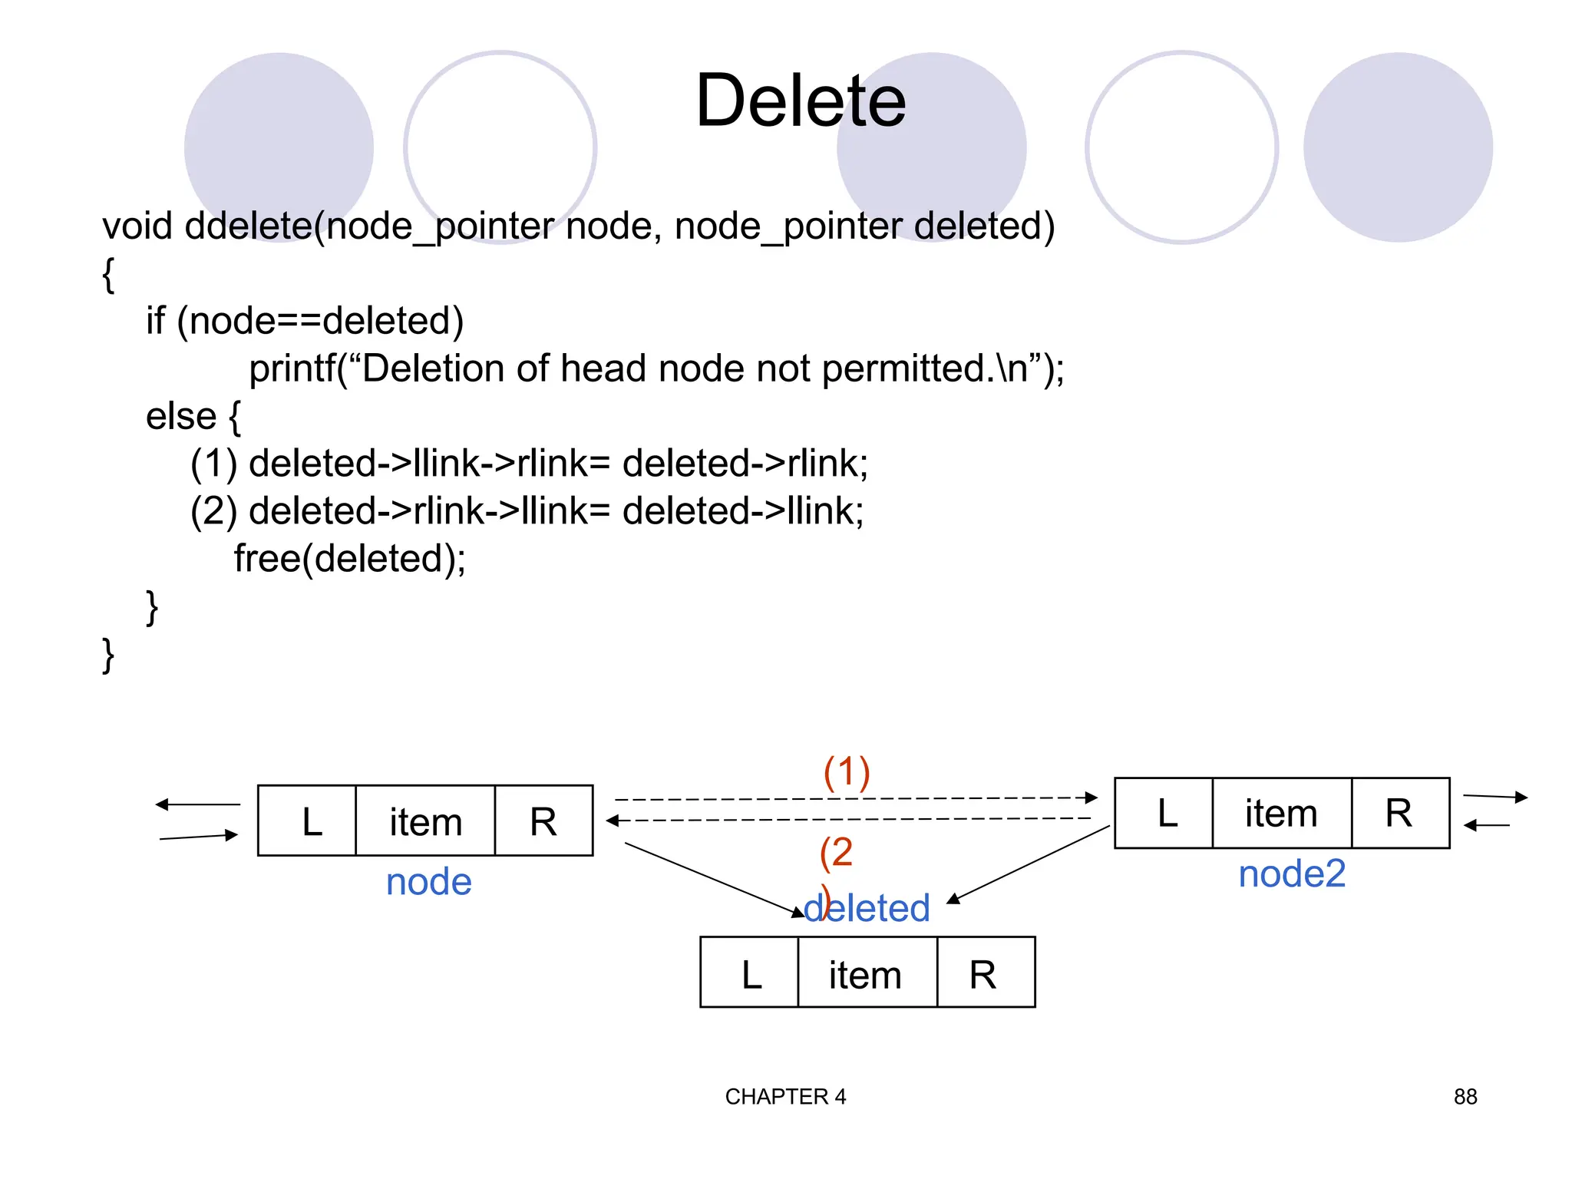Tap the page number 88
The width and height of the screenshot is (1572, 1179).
(1465, 1097)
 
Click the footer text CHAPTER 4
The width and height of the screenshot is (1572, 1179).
(784, 1097)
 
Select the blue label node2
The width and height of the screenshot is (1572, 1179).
(1292, 874)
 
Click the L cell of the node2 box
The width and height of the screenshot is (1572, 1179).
(1164, 814)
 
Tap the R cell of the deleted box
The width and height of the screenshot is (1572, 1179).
(985, 973)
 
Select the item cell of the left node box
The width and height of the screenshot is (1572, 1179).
(425, 821)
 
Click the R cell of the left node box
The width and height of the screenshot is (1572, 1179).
(543, 821)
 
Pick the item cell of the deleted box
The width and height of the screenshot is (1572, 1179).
(867, 973)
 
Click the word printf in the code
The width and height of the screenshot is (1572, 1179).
(292, 368)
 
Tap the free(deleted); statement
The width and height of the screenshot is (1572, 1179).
(349, 558)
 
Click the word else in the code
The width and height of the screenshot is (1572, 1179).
(181, 416)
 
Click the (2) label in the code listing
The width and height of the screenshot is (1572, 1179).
(213, 511)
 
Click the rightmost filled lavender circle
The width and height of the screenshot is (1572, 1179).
(1397, 147)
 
